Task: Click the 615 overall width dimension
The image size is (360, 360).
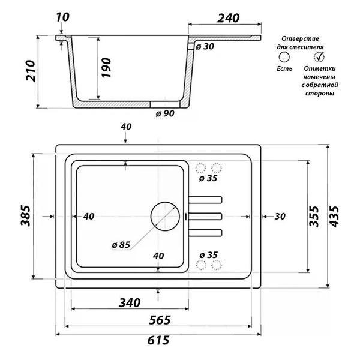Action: [x=158, y=340]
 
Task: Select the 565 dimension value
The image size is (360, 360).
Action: [x=160, y=320]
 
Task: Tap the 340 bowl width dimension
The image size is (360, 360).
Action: [x=130, y=303]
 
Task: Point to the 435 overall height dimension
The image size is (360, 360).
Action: [x=334, y=217]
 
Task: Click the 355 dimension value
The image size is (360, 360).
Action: [x=314, y=217]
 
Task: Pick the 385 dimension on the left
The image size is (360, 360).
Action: [x=25, y=216]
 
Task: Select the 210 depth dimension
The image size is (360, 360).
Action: [x=31, y=71]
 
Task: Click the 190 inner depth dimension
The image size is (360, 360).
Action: [x=106, y=68]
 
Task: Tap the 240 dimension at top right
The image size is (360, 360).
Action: [x=228, y=18]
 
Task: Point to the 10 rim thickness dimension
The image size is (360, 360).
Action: [x=62, y=17]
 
